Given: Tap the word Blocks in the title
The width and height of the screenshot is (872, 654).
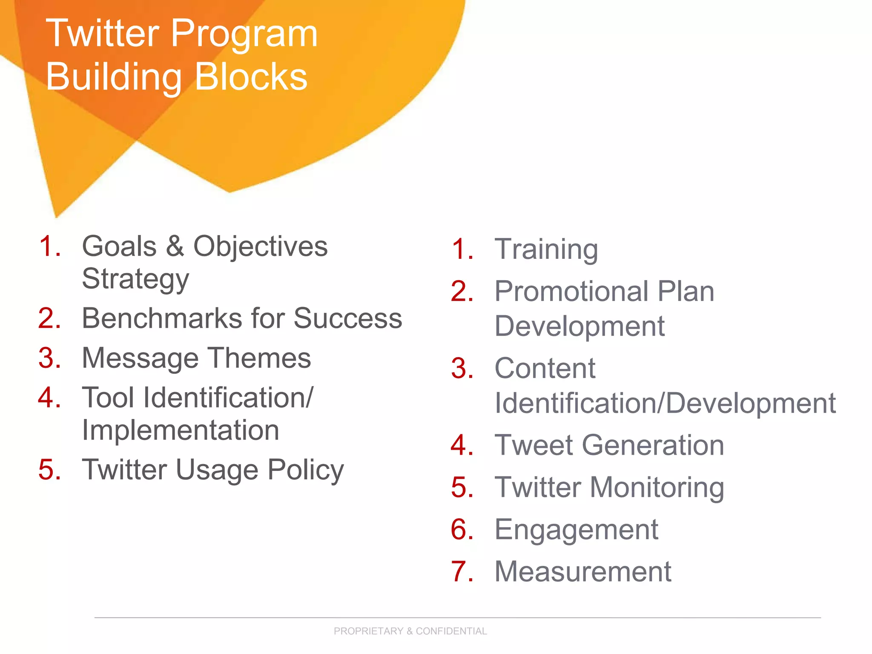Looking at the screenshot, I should tap(251, 77).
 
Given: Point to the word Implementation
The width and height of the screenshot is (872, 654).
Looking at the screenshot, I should tap(181, 430).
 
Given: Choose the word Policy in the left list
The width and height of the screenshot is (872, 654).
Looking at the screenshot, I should tap(305, 470).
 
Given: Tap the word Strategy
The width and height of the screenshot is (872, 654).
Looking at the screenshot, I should tap(135, 279).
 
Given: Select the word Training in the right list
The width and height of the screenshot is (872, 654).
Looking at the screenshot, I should tap(546, 250).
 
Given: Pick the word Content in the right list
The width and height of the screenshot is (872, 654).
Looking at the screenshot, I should tap(545, 368).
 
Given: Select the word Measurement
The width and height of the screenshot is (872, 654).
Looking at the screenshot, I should tap(583, 572).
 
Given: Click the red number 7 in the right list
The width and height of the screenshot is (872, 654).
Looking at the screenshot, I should tap(461, 572).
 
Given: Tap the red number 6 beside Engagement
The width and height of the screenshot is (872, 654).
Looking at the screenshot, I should tap(462, 530).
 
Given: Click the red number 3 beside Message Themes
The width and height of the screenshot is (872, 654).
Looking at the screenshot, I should tap(49, 358).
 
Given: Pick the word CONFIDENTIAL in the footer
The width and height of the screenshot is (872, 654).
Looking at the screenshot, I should tap(451, 631).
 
